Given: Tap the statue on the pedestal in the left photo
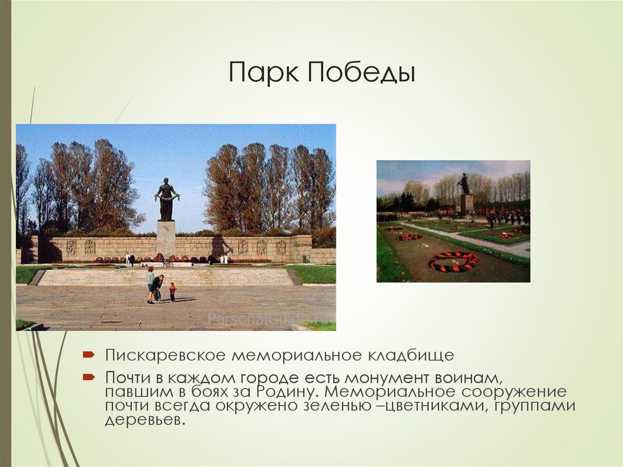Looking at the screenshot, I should [166, 199].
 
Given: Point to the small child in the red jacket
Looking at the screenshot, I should [172, 292].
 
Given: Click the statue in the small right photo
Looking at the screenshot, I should [464, 184].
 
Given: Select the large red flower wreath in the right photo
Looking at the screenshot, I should [453, 261].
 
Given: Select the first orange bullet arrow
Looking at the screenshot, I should [88, 354].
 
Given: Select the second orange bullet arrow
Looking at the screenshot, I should [88, 376].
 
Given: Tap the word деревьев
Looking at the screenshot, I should [144, 421].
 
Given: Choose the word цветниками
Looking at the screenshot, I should [437, 406].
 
